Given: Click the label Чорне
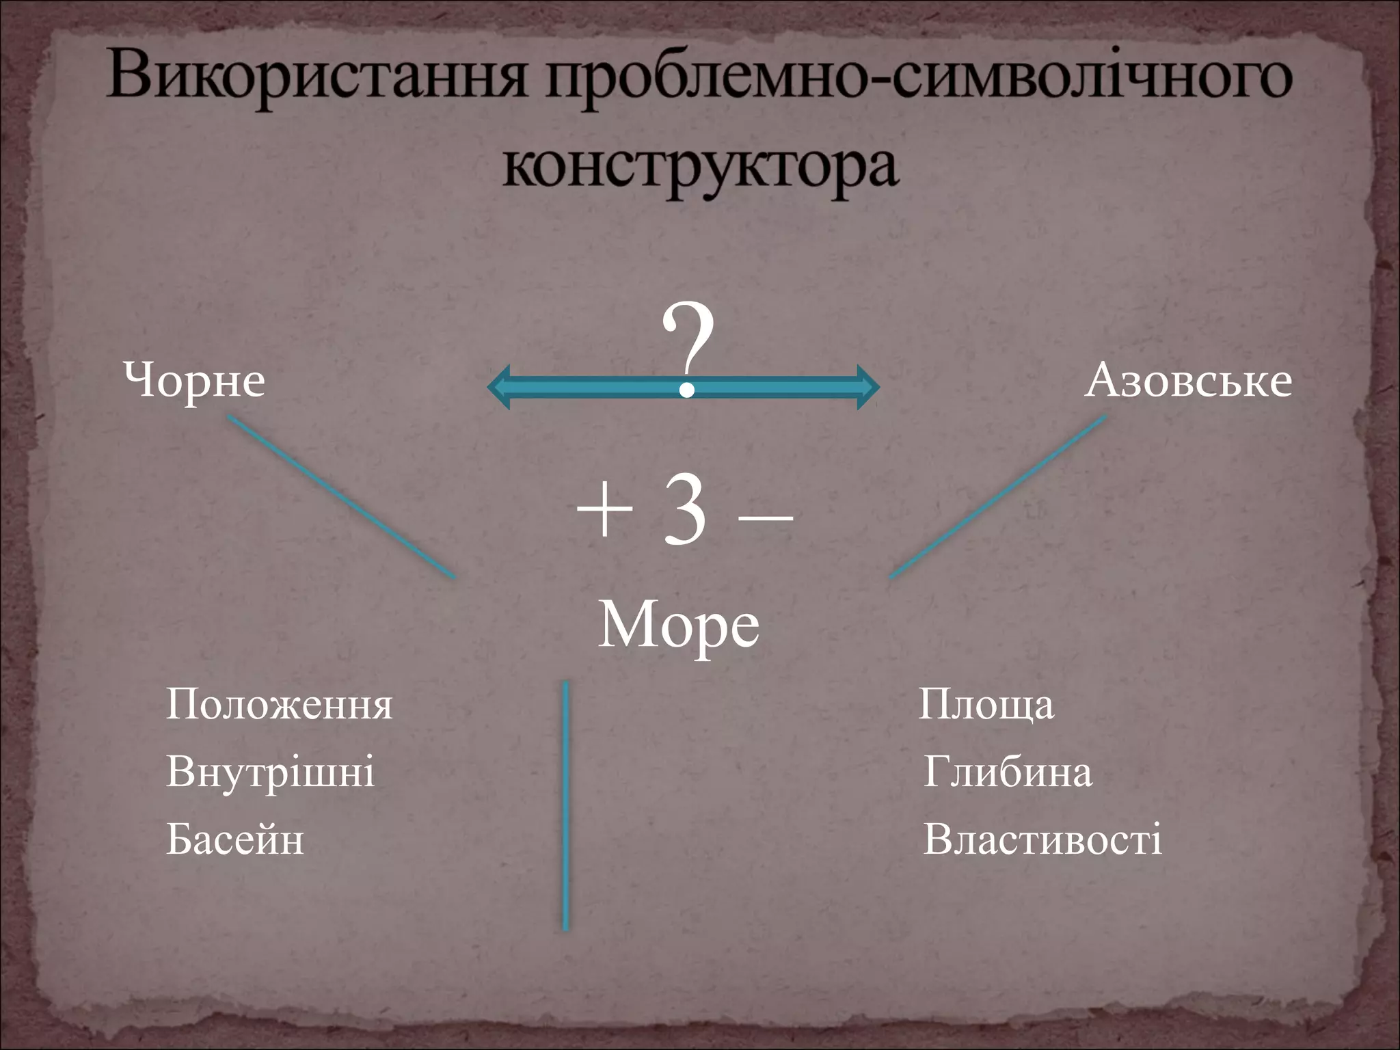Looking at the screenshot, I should (194, 380).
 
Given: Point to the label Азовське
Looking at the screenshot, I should (1188, 380).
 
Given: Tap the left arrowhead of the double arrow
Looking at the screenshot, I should (500, 387).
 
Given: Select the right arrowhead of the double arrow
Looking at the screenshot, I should (867, 387).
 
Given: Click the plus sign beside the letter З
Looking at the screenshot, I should (604, 513).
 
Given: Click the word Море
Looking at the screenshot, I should (678, 625).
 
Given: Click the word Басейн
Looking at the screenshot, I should (234, 839).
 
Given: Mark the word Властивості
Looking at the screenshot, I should (1042, 839).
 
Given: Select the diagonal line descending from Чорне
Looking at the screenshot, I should (342, 497).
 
